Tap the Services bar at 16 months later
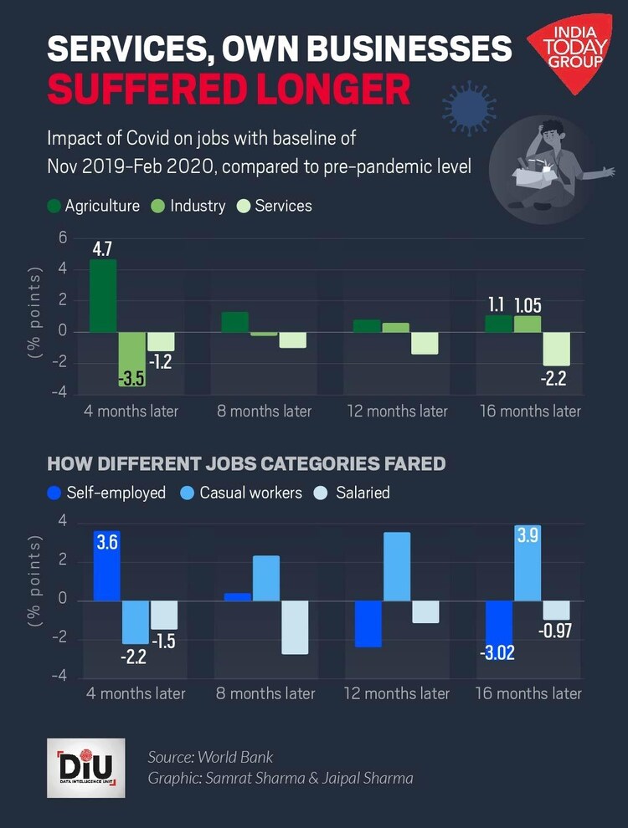tap(558, 349)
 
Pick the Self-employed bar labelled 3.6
tap(106, 565)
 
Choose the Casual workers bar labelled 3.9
tap(528, 565)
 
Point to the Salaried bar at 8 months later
tap(294, 627)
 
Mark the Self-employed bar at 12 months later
tap(368, 624)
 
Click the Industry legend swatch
tap(158, 206)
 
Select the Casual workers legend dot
tap(188, 493)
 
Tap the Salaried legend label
tap(363, 493)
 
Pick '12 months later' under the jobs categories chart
tap(398, 693)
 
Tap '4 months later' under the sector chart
tap(131, 411)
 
